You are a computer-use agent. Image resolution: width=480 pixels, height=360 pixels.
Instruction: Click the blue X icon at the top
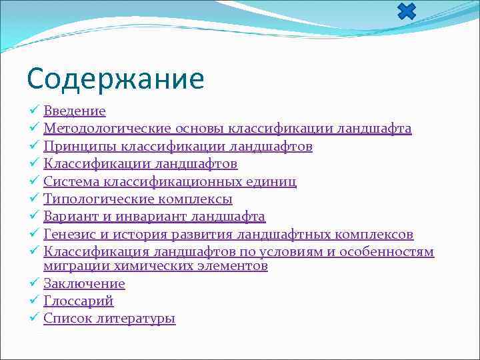pos(406,11)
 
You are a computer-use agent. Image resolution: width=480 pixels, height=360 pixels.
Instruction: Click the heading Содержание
pos(115,79)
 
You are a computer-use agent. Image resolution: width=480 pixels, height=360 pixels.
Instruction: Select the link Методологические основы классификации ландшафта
pos(227,128)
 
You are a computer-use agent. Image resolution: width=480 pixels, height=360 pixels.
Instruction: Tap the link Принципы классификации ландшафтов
pos(178,146)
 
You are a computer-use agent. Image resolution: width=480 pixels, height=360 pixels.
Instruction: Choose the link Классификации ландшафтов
pos(141,163)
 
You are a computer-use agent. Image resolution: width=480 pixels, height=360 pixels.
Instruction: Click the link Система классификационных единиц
pos(170,181)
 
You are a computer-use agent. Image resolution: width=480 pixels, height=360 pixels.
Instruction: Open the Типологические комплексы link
pos(138,199)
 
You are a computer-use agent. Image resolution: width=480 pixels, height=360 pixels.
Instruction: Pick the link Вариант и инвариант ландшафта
pos(154,217)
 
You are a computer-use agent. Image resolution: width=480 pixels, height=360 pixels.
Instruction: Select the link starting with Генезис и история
pos(228,235)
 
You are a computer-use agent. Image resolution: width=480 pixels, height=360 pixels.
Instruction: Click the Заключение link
pos(84,284)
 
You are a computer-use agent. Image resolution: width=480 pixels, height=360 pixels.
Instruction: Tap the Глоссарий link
pos(79,301)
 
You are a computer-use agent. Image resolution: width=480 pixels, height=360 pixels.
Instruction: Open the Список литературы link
pos(109,319)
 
